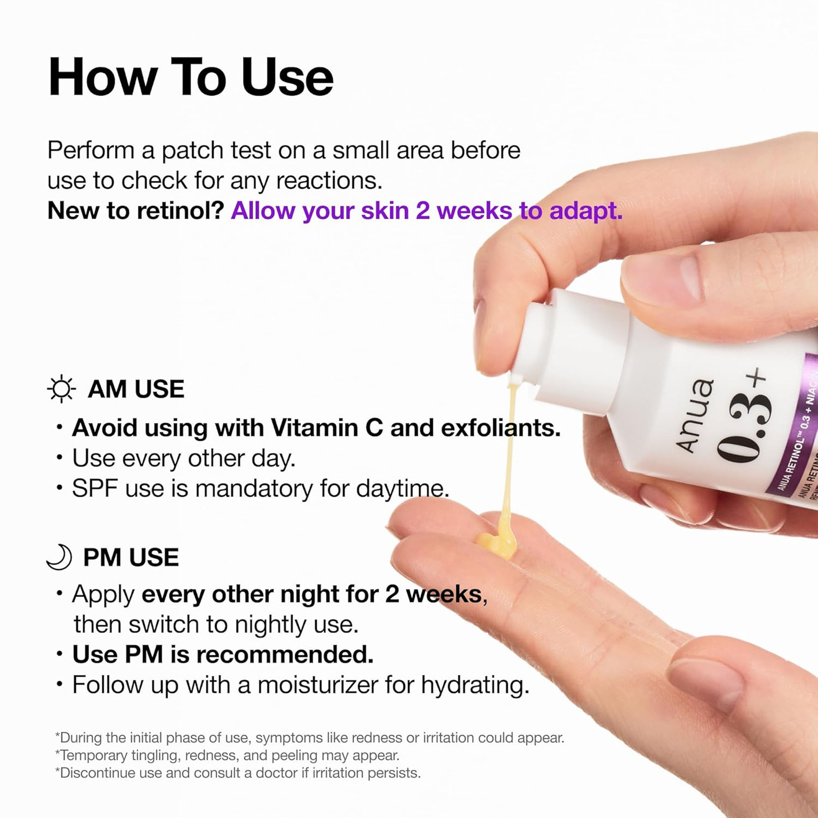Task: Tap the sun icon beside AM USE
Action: [x=61, y=388]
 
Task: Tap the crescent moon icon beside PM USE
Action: [x=59, y=557]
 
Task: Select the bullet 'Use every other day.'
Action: [x=183, y=458]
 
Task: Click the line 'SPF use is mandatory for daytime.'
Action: [x=260, y=489]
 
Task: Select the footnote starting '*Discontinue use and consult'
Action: [x=238, y=773]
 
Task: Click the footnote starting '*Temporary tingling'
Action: [x=227, y=755]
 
